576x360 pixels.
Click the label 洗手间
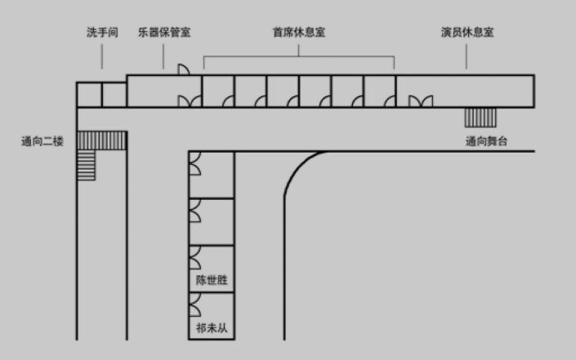[102, 33]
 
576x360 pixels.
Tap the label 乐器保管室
[164, 33]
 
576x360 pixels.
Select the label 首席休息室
[299, 33]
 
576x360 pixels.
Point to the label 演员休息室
[467, 33]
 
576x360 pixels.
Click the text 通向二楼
[42, 141]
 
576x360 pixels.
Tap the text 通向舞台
[486, 141]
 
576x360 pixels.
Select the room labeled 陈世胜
[212, 269]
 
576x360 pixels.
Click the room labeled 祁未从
[212, 316]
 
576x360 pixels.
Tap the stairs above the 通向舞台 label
[480, 118]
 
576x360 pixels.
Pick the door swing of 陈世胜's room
[195, 258]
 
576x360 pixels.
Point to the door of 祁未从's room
[195, 304]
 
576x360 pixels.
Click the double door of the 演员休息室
[421, 101]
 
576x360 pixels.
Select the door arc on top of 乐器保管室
[184, 69]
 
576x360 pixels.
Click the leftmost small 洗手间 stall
[89, 95]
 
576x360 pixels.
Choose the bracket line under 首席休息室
[299, 56]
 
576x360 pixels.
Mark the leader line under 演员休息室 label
[467, 56]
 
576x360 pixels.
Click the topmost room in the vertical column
[212, 175]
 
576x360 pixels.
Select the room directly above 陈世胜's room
[212, 222]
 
